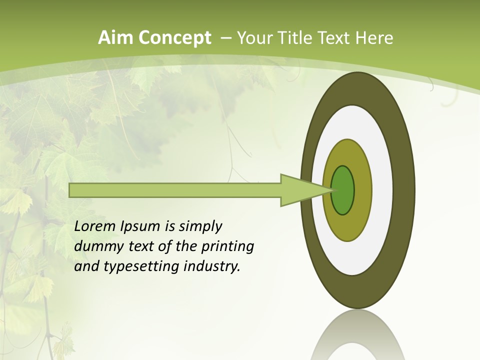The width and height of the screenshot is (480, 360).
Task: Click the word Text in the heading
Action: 334,38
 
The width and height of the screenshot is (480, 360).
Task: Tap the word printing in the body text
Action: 227,247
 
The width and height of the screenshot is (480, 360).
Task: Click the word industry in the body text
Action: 212,266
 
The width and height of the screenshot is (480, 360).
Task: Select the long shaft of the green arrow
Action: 175,190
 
